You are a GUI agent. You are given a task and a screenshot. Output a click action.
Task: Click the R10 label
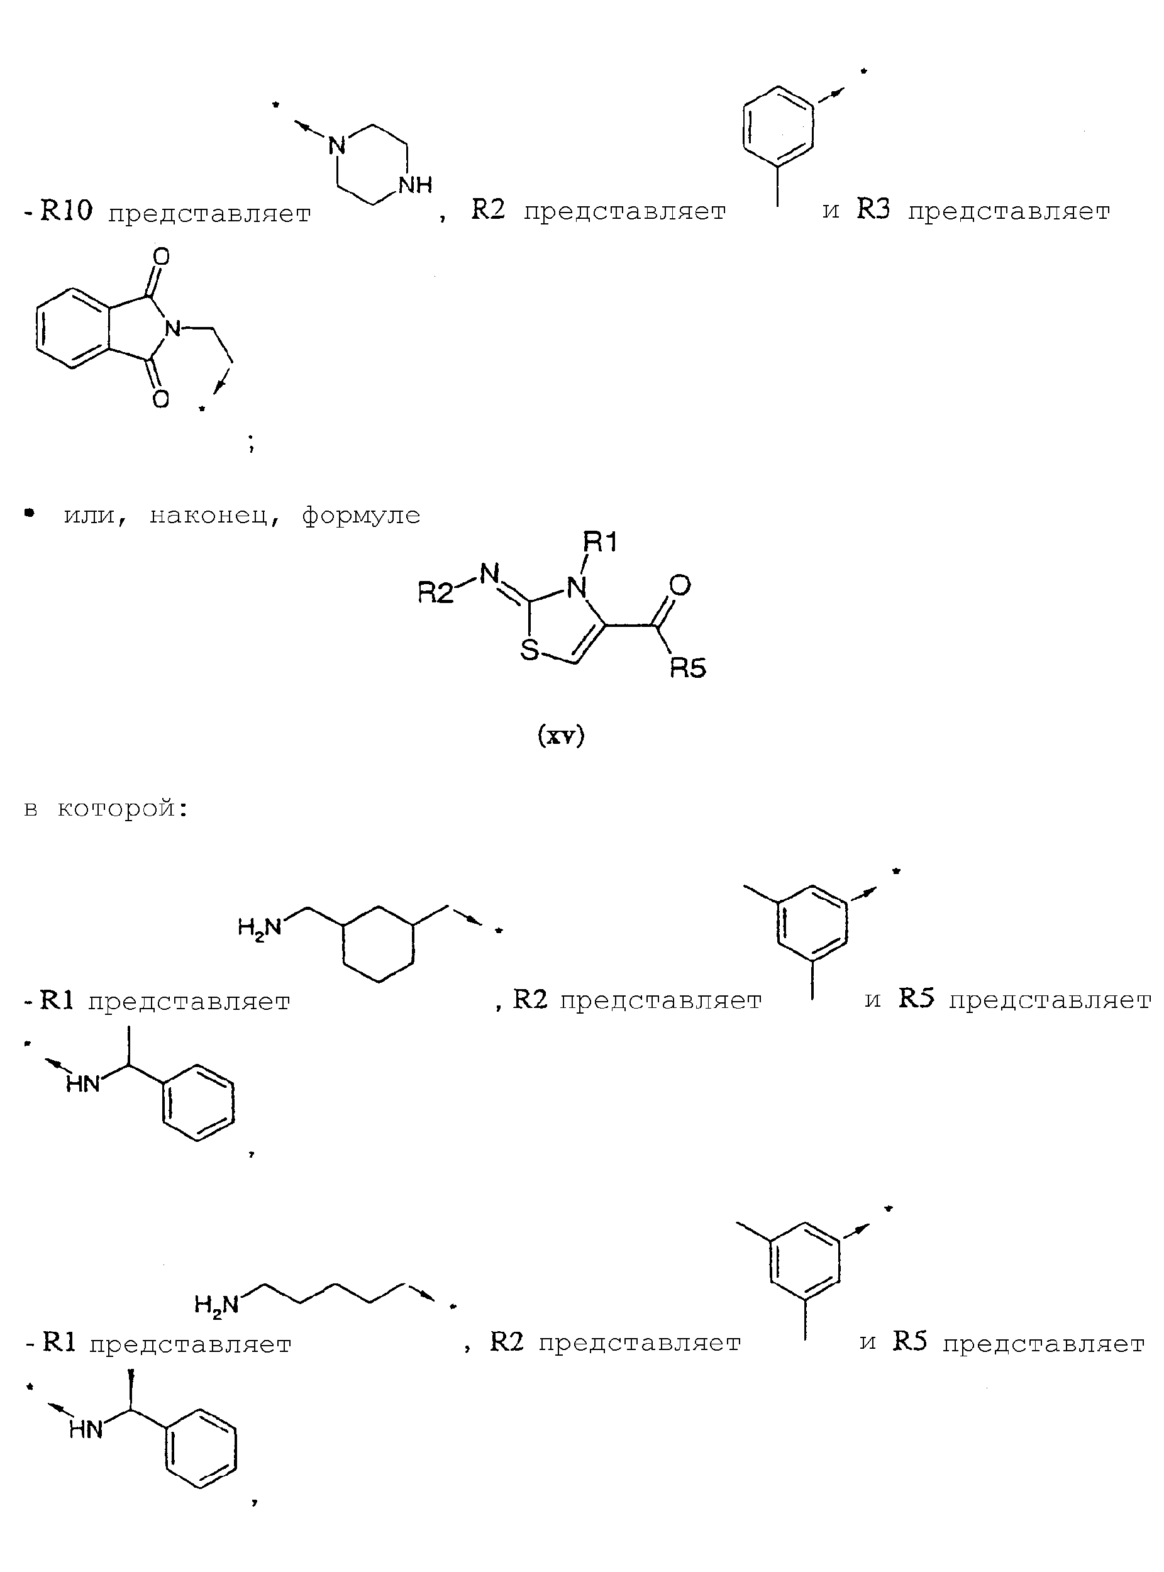coord(66,210)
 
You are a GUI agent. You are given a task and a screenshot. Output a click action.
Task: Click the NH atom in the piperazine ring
coord(415,185)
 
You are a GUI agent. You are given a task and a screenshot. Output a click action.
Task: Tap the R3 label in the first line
coord(873,209)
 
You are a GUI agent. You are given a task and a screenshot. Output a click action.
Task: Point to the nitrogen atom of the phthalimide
coord(172,328)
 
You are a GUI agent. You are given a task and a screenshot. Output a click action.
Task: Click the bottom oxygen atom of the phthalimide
coord(160,399)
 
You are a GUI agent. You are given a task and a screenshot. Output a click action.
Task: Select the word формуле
coord(361,516)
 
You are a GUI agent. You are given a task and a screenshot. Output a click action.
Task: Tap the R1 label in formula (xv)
coord(600,542)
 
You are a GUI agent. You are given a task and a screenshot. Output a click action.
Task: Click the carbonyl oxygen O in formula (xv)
coord(680,585)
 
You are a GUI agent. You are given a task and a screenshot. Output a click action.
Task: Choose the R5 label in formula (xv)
coord(688,667)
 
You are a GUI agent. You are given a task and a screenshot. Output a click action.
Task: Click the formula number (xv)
coord(562,736)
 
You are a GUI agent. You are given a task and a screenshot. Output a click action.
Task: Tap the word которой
coord(123,808)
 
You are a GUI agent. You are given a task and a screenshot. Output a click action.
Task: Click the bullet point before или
coord(29,514)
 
